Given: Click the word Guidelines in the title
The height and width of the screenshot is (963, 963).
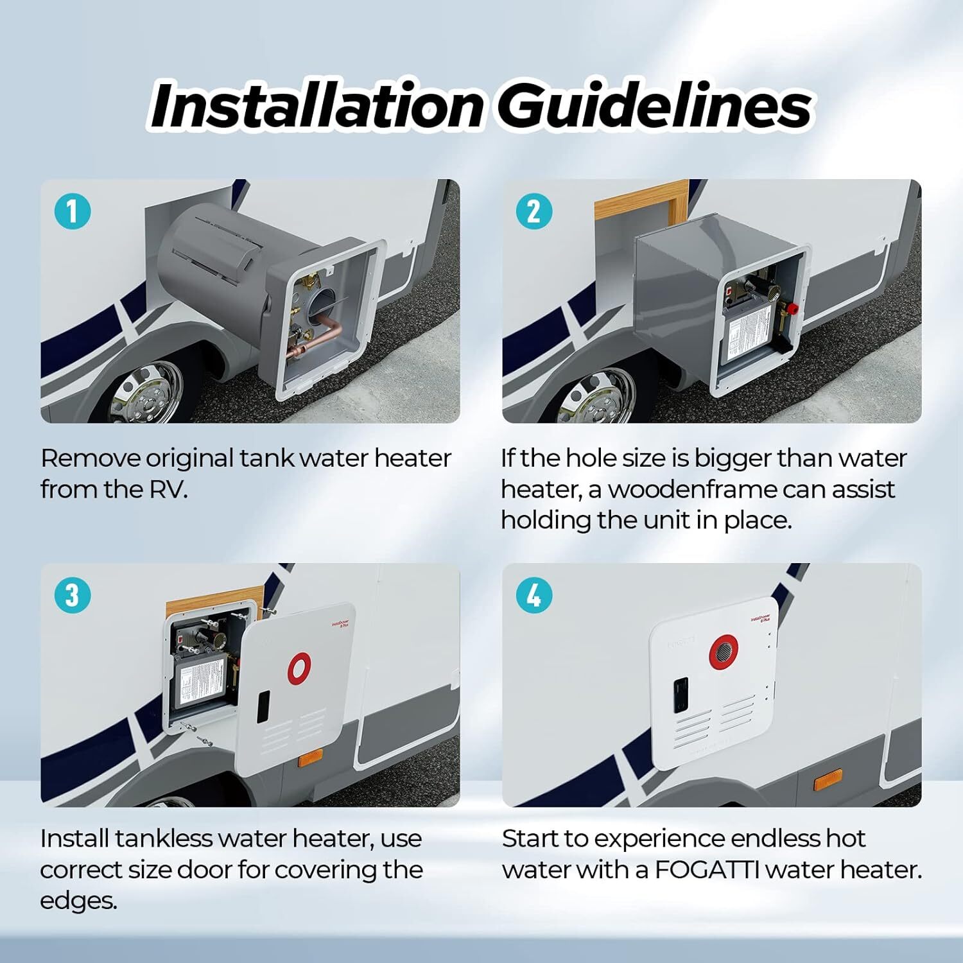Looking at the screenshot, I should [x=655, y=105].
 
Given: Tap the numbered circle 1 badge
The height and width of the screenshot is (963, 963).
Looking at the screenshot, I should [x=72, y=211].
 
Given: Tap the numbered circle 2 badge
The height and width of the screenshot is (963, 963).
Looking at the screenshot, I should [x=534, y=211].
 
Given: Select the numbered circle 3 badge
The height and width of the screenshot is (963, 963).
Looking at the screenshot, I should [x=72, y=594].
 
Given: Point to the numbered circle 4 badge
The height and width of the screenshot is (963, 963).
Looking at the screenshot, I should [x=534, y=594].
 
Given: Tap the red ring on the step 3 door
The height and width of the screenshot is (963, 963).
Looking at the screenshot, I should [x=299, y=668].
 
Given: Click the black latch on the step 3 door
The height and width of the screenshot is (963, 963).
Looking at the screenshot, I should [x=264, y=707].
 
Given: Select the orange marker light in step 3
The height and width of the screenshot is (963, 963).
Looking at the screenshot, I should [x=310, y=761].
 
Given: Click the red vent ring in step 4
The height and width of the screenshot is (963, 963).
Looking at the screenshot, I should [x=724, y=651].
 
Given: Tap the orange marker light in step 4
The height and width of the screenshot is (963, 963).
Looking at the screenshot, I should [x=829, y=783].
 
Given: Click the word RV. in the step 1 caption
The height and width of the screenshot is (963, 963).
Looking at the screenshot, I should [x=168, y=489].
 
